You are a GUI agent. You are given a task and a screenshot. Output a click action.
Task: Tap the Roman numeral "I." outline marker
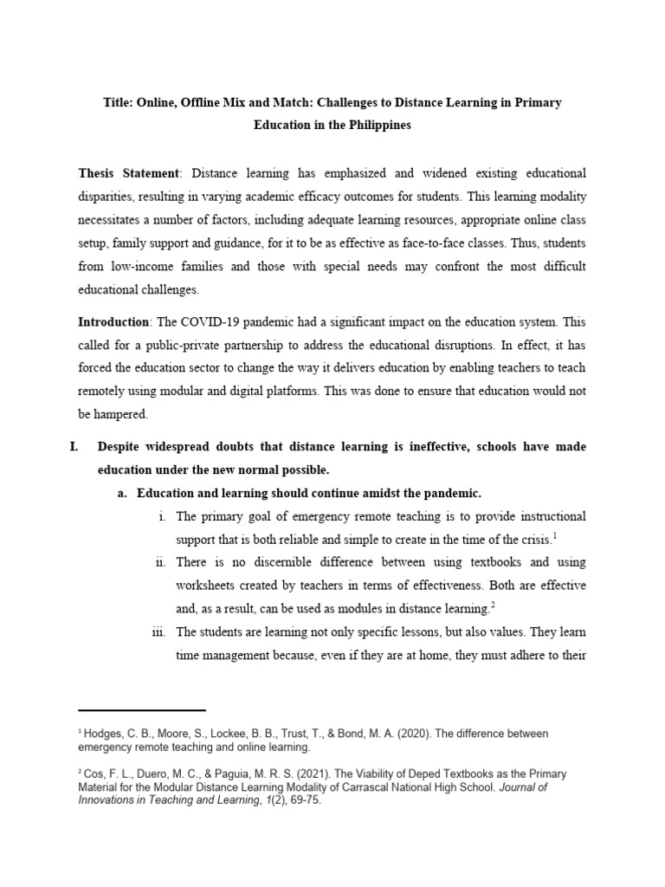tap(74, 447)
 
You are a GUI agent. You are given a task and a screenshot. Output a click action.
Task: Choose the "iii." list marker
tap(158, 631)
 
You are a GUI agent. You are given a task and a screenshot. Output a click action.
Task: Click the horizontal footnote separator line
tap(142, 710)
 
